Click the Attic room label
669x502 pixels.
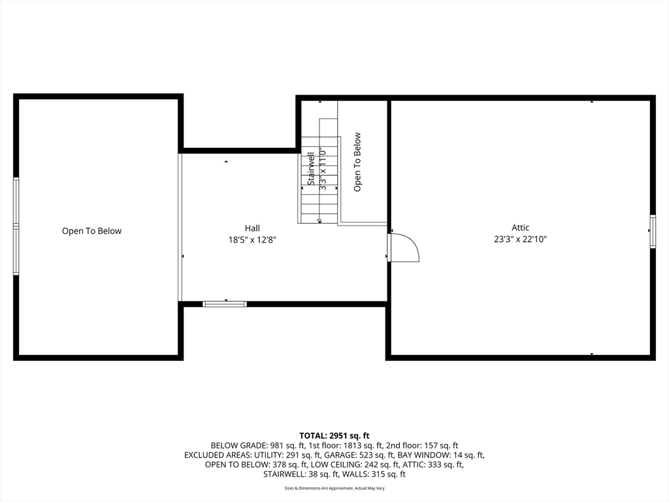point(521,227)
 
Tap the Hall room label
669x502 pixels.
point(252,228)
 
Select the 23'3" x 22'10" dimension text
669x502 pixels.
point(521,239)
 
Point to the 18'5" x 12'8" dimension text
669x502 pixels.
point(252,240)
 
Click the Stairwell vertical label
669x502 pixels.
point(312,169)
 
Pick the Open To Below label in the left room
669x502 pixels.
point(91,231)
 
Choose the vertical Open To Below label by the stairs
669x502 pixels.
point(357,162)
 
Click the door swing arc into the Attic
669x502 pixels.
point(405,248)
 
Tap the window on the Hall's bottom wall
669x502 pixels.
point(224,304)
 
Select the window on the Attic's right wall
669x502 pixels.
point(652,231)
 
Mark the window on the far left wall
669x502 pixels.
point(16,226)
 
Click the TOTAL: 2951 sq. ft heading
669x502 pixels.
point(334,435)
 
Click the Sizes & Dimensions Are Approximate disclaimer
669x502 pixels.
point(334,488)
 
